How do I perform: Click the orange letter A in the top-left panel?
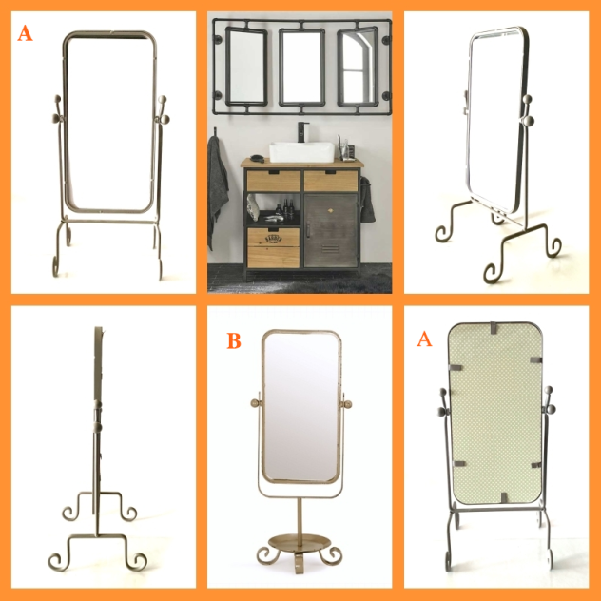(25, 33)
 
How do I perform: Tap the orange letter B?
(234, 340)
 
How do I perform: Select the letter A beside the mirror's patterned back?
(424, 339)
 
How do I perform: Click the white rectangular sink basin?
(301, 152)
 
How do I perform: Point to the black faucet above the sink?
(302, 132)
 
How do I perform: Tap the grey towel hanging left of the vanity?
(218, 192)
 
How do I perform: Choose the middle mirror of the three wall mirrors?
(302, 68)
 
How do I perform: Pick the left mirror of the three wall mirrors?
(245, 67)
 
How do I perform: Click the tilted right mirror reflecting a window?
(358, 67)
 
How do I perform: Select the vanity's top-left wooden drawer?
(274, 181)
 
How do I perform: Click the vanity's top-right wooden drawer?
(331, 181)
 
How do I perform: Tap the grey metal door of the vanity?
(331, 231)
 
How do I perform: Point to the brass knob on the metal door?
(330, 210)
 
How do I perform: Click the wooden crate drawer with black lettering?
(273, 247)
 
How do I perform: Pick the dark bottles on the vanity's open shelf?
(285, 208)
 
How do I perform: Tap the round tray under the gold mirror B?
(300, 542)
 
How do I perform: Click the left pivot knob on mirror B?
(255, 403)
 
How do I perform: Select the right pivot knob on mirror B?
(348, 404)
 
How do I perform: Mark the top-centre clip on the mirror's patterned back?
(494, 328)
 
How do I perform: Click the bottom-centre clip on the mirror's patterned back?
(505, 497)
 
